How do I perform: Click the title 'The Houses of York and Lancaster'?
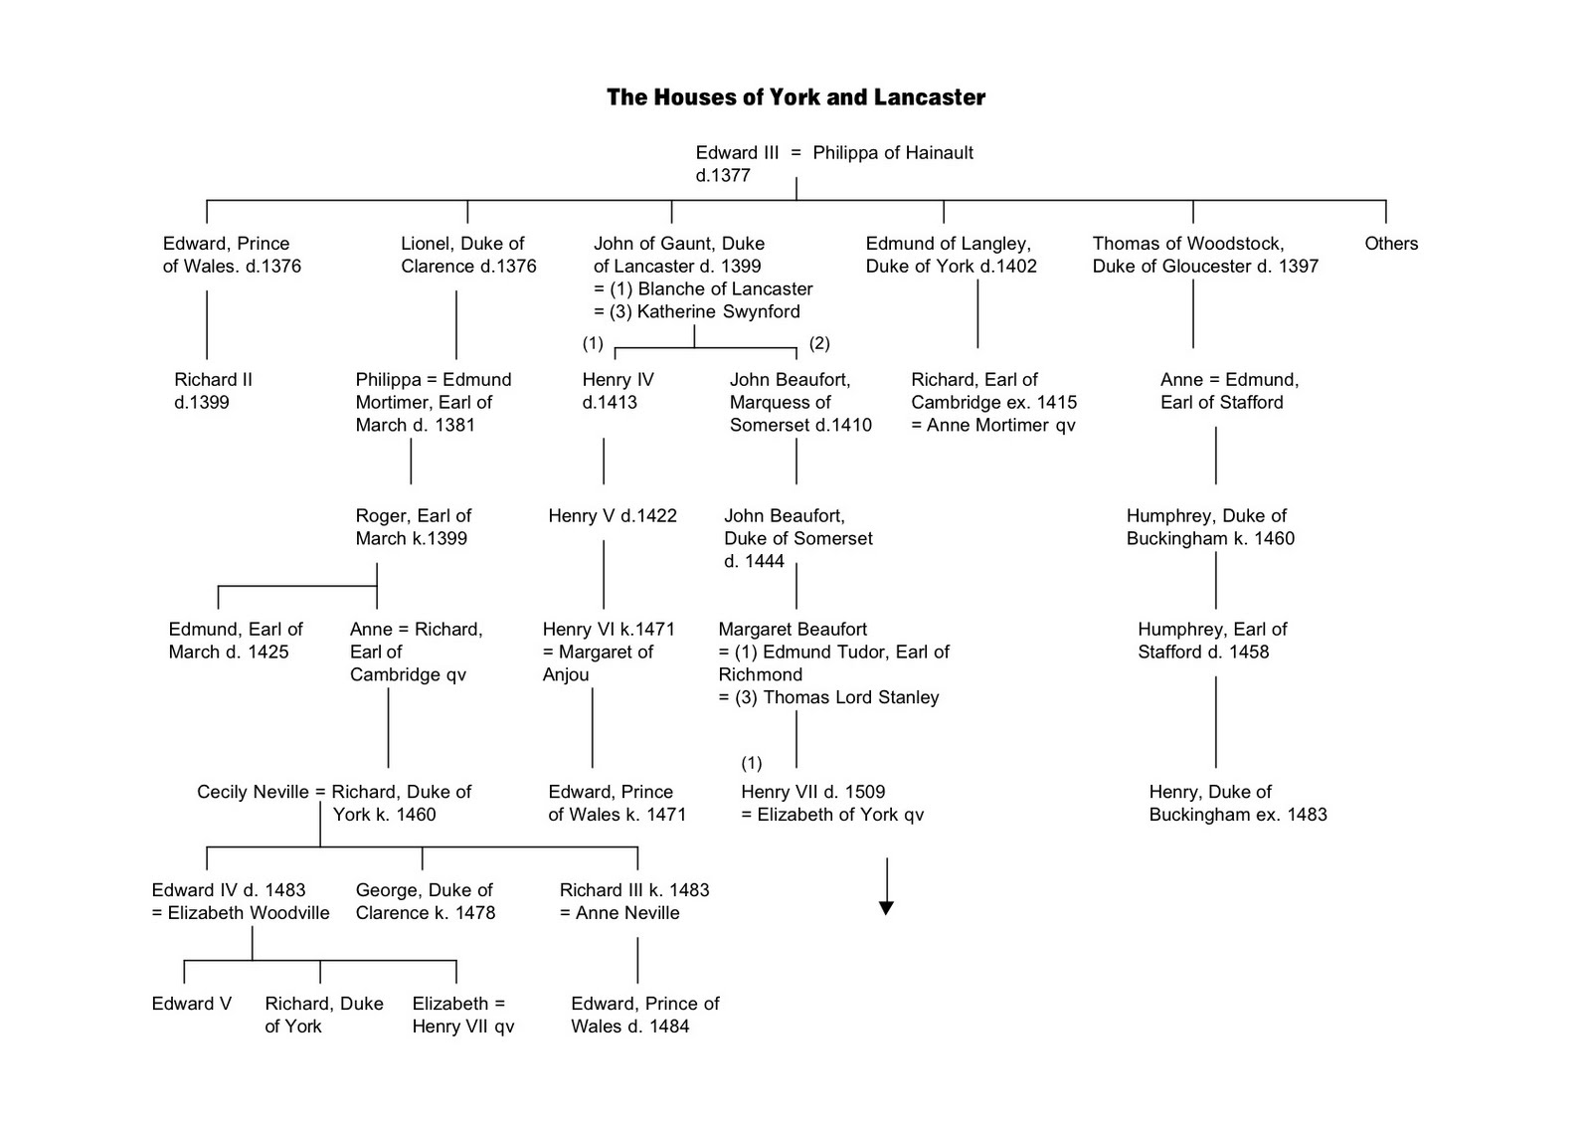tap(795, 97)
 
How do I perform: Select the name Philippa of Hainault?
tap(892, 153)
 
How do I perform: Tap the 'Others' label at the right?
tap(1390, 244)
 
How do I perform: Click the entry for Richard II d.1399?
tap(213, 391)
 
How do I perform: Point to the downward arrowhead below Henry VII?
tap(886, 907)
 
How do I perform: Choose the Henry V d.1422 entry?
tap(612, 516)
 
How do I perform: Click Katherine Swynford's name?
tap(718, 312)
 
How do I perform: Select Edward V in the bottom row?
tap(191, 1004)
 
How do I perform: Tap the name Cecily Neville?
tap(253, 793)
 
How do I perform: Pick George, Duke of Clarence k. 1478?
tap(425, 901)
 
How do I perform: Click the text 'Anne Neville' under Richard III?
tap(627, 913)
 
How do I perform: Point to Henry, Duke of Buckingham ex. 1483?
tap(1237, 804)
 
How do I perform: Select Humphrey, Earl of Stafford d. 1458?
tap(1211, 641)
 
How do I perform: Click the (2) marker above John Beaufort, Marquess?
tap(818, 343)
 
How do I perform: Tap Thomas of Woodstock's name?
tap(1187, 244)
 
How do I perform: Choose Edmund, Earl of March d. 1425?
tap(235, 641)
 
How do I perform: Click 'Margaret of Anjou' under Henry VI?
tap(597, 663)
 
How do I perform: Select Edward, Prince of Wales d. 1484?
tap(644, 1015)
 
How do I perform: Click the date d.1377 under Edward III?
tap(723, 176)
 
